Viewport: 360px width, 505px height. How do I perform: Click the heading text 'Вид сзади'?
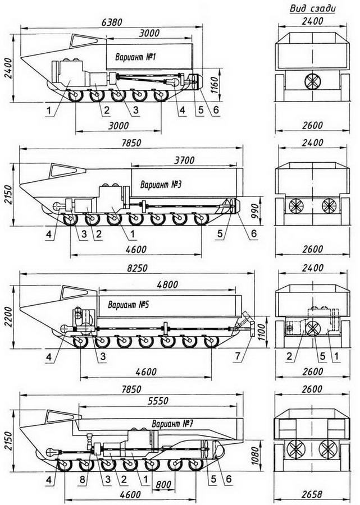pos(312,8)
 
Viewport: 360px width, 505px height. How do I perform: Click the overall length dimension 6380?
pos(112,22)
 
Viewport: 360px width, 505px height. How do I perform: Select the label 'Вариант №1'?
pos(136,57)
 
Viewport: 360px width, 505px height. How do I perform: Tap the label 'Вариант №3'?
pos(161,185)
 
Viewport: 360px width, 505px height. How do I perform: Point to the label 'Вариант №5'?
pos(128,304)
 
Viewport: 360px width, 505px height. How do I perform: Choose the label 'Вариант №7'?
pos(172,424)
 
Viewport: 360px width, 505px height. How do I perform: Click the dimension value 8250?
pos(137,268)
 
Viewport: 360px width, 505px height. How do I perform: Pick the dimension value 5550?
pos(158,400)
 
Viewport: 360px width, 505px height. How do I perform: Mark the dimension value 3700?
pos(184,160)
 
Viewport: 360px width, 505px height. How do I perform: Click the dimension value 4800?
pos(167,284)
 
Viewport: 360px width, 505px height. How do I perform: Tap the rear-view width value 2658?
pos(312,494)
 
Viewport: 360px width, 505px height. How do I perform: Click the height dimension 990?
pos(254,211)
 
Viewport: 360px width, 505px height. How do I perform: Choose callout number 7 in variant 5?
pos(238,356)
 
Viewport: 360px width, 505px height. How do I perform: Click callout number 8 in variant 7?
pos(83,480)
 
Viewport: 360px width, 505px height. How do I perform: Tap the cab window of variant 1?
pos(84,41)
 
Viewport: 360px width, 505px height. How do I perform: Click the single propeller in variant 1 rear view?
pos(312,81)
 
